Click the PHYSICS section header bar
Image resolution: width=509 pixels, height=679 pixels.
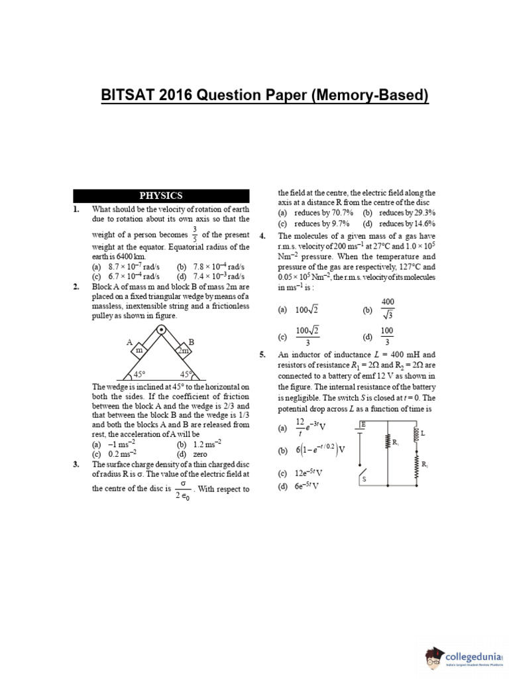pyautogui.click(x=161, y=196)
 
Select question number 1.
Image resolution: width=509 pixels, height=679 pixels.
pyautogui.click(x=77, y=209)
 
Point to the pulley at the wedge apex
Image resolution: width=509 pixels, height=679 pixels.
pyautogui.click(x=161, y=330)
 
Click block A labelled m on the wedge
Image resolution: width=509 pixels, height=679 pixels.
pyautogui.click(x=139, y=350)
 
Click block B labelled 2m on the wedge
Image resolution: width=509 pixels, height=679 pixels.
pyautogui.click(x=182, y=350)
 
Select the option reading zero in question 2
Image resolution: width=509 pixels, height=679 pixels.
pyautogui.click(x=201, y=454)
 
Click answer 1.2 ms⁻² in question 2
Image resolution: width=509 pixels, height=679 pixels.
pyautogui.click(x=207, y=444)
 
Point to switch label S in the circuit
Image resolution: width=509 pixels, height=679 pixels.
pyautogui.click(x=365, y=479)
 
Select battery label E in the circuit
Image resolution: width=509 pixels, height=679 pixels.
pyautogui.click(x=363, y=423)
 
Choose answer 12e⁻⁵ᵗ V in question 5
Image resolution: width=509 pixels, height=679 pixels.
pyautogui.click(x=310, y=473)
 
